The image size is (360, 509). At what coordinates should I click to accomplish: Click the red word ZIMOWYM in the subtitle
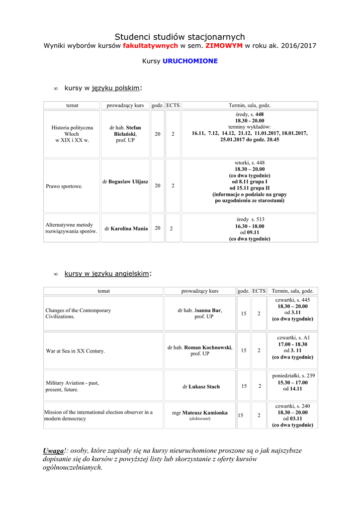point(224,45)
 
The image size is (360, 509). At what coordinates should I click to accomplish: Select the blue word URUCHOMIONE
point(190,61)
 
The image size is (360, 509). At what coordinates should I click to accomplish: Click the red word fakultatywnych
point(150,45)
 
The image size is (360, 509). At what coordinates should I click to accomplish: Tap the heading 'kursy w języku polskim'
point(102,88)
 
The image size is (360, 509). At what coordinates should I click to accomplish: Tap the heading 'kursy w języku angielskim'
point(106,273)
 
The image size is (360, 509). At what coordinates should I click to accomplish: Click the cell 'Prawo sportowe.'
point(64,186)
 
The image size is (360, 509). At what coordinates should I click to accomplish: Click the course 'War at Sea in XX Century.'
point(75,351)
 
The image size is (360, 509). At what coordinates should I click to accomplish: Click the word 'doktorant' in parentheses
point(200,419)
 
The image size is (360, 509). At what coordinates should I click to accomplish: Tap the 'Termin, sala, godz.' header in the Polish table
point(249,105)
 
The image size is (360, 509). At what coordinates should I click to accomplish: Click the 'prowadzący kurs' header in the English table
point(199,291)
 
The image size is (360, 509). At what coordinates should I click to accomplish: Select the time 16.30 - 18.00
point(250,226)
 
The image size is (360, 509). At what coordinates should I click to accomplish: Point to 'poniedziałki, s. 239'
point(293,376)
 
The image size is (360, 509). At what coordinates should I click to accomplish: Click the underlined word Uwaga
point(54,450)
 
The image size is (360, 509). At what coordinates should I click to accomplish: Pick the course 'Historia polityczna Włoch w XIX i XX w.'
point(72,134)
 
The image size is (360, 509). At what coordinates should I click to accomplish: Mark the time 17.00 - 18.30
point(292,344)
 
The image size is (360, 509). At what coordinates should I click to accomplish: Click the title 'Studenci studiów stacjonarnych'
point(180,37)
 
